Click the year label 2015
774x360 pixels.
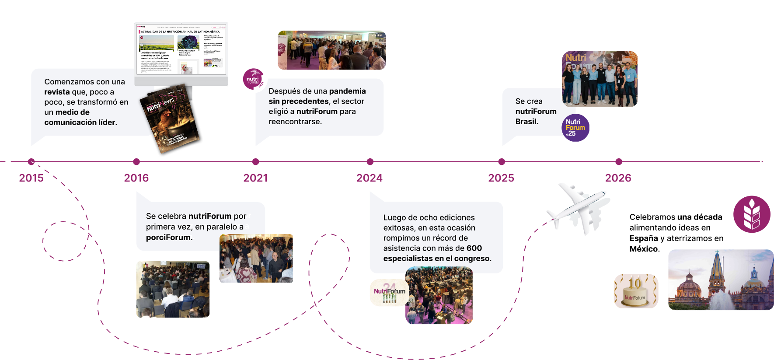[x=31, y=178]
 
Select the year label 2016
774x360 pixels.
[x=136, y=178]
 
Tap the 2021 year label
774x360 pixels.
[x=255, y=178]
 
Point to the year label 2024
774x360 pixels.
[x=370, y=178]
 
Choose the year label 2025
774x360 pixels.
[x=501, y=178]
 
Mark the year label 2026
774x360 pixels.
[x=618, y=178]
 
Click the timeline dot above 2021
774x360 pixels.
[x=256, y=162]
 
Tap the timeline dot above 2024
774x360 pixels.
[x=370, y=162]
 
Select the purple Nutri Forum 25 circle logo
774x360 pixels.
[x=575, y=128]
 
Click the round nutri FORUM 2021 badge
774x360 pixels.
[x=254, y=79]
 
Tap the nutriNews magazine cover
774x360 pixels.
[x=171, y=120]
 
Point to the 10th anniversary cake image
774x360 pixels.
[x=636, y=291]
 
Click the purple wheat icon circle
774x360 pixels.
[x=752, y=214]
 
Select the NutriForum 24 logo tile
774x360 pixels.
[x=389, y=293]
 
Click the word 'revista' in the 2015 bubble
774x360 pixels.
[x=57, y=92]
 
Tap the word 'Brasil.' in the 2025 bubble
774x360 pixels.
[x=526, y=122]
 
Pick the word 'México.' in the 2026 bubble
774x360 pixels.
[x=645, y=249]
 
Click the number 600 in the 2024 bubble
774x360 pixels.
[x=474, y=248]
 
